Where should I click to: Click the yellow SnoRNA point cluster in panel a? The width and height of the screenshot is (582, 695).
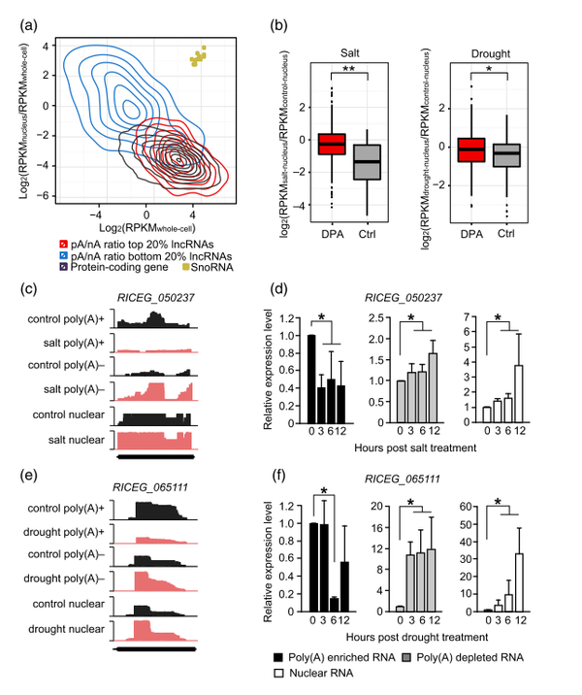tap(198, 58)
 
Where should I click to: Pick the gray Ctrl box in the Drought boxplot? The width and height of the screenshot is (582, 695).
tap(504, 155)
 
